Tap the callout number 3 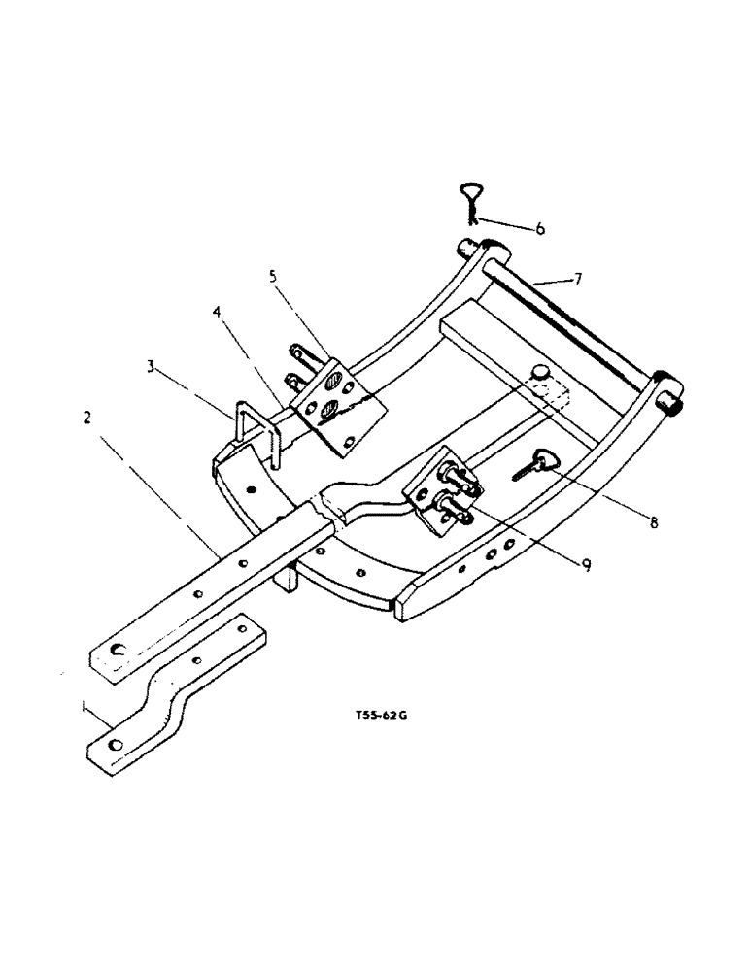pyautogui.click(x=151, y=368)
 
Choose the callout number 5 pyautogui.click(x=274, y=276)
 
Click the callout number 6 pyautogui.click(x=540, y=229)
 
